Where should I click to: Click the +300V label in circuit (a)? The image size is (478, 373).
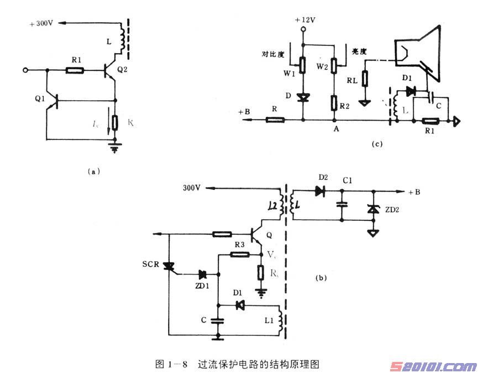click(41, 23)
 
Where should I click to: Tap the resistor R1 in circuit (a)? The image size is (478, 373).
click(75, 70)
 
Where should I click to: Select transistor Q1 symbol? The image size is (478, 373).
click(54, 101)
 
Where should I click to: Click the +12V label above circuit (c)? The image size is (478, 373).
click(304, 20)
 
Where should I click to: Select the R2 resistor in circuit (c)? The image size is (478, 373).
click(335, 103)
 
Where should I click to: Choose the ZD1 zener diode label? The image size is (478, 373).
click(202, 286)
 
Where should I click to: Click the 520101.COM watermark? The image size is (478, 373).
click(433, 366)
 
